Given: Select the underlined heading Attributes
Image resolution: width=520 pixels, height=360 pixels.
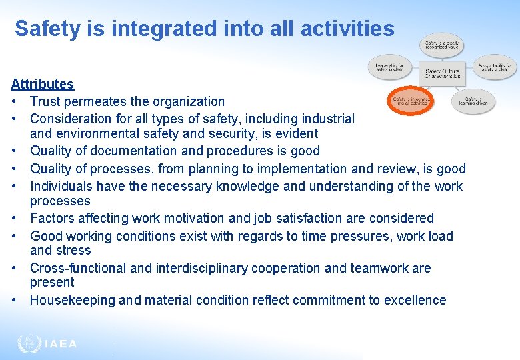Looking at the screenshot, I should tap(42, 84).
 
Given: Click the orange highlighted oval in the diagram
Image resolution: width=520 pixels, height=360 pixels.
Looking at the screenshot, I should tap(411, 100).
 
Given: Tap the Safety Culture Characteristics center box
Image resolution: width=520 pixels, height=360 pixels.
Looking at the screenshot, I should tap(443, 73).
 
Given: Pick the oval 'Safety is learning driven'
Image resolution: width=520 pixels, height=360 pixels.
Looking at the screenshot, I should tap(473, 101).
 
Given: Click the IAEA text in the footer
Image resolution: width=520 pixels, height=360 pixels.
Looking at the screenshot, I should tap(61, 344).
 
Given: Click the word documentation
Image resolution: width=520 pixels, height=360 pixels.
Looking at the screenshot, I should tap(138, 151).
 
